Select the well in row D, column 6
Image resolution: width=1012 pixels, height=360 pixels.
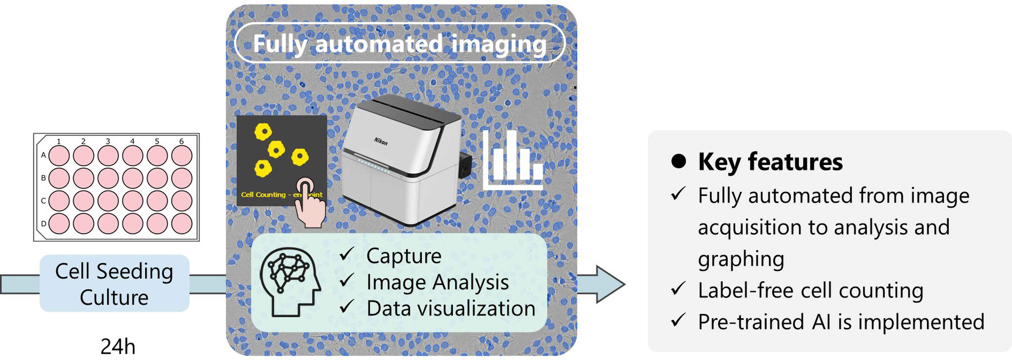tap(182, 224)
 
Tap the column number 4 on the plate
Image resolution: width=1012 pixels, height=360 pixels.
tap(132, 141)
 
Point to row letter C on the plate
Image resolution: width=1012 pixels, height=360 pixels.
tap(43, 201)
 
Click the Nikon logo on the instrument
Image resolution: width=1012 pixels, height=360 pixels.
tap(380, 141)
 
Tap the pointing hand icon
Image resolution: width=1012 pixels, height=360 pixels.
tap(310, 203)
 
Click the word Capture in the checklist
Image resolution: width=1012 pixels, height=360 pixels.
tap(404, 256)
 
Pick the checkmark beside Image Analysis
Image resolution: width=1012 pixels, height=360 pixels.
tap(347, 281)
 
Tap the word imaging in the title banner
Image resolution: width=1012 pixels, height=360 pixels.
tap(499, 44)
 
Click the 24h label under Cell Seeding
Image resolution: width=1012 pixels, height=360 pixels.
tap(118, 347)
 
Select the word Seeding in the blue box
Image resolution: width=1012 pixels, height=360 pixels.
tap(134, 271)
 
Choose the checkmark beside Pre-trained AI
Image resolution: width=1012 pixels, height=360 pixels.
tap(678, 321)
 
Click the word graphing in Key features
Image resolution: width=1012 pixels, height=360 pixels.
tap(741, 259)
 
